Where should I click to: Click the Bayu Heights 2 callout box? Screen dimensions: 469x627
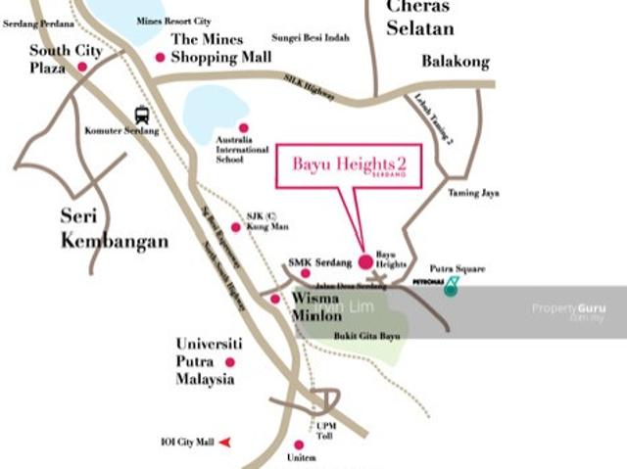[350, 164]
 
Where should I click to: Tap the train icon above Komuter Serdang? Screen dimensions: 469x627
[142, 114]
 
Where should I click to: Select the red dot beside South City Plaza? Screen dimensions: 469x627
[82, 67]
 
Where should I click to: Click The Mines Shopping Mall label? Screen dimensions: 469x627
[220, 49]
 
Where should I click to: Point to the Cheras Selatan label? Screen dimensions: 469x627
[418, 18]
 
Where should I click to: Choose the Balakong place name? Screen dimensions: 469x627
[455, 62]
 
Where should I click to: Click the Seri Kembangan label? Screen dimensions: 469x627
[114, 228]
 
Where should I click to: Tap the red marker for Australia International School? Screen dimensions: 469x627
[243, 127]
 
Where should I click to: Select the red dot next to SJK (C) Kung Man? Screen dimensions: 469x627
[235, 227]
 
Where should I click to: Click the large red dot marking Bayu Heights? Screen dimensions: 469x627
[365, 261]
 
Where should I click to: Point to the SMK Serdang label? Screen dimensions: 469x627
[320, 262]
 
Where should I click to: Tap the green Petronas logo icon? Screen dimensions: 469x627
[451, 286]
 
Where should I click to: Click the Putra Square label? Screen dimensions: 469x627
[458, 268]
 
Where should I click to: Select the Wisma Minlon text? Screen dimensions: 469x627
[315, 306]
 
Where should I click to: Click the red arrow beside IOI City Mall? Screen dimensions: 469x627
[225, 443]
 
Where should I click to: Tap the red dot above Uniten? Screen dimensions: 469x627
[299, 444]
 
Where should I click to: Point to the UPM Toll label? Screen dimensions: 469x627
[326, 431]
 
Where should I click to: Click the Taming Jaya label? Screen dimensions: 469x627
[473, 193]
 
